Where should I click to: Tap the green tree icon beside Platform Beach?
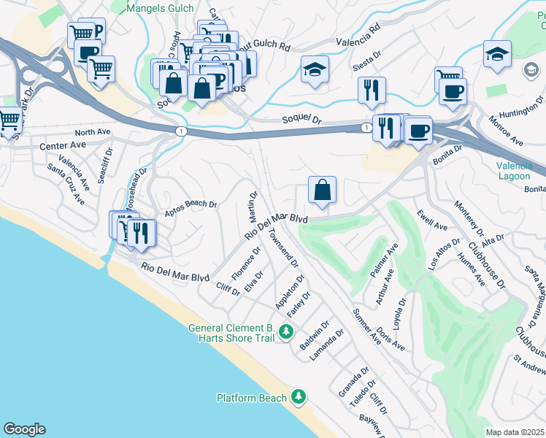(x=298, y=397)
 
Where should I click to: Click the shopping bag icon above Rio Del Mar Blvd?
(x=322, y=191)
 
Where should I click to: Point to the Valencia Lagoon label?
(x=520, y=170)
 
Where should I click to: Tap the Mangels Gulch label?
(x=160, y=9)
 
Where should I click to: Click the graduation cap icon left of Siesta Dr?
(x=315, y=70)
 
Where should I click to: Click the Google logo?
(x=24, y=429)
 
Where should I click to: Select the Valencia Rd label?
(x=358, y=38)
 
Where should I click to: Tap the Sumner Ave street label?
(x=367, y=326)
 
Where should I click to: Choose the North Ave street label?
(x=92, y=132)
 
